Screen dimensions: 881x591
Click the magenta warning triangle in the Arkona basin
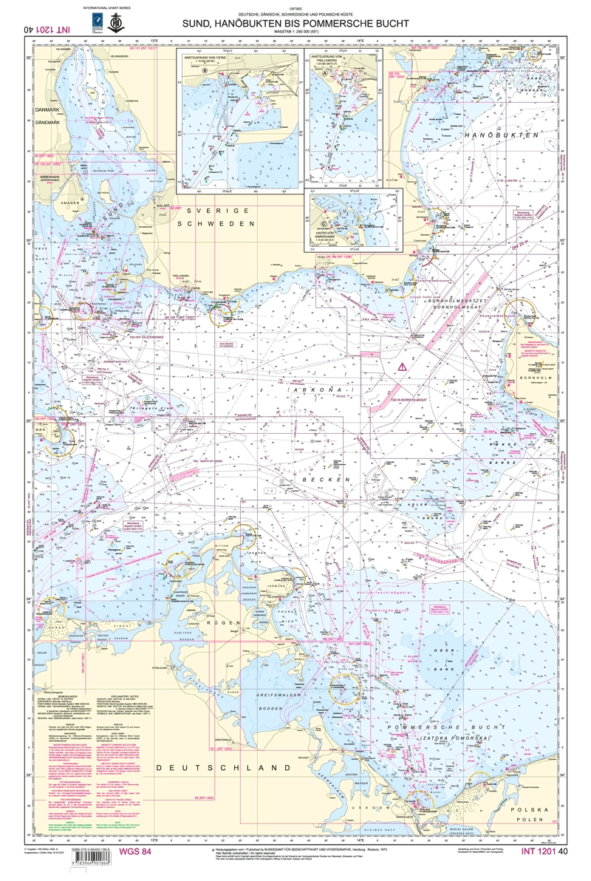click(x=401, y=367)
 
